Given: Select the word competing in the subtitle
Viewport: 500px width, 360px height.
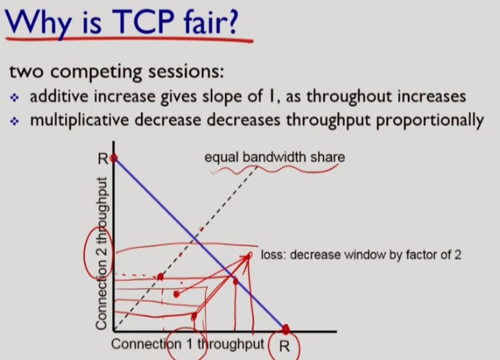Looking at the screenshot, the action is click(96, 72).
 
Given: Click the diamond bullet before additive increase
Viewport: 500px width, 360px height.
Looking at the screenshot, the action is click(15, 97).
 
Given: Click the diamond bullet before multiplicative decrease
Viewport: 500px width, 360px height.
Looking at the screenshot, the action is click(15, 121).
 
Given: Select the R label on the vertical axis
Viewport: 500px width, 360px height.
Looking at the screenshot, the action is click(103, 159).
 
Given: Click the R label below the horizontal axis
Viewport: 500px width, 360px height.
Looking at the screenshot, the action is click(284, 346).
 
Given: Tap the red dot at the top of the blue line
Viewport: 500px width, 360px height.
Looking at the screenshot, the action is click(113, 158).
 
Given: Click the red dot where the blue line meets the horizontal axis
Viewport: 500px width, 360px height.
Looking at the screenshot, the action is click(286, 329).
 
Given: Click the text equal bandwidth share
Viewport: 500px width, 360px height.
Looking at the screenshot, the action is click(275, 157).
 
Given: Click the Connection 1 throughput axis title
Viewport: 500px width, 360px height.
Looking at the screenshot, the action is click(187, 344).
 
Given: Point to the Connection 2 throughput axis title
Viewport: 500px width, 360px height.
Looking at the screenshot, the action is click(101, 253).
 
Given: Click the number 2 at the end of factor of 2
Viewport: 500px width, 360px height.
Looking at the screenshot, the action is click(458, 255).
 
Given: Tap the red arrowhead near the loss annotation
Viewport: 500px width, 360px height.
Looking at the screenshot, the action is click(247, 257).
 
